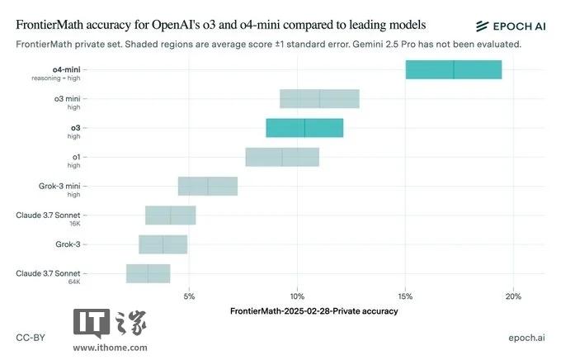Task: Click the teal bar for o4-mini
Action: pos(453,70)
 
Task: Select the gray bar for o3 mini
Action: pos(319,99)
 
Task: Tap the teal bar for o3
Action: pos(304,128)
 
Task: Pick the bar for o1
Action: pos(282,157)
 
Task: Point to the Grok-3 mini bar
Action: pos(208,186)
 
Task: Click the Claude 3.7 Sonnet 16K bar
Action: pos(171,216)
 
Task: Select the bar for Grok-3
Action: pos(163,244)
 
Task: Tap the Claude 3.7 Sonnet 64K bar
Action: pos(148,273)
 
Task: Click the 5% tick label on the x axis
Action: pos(189,296)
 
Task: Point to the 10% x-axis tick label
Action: pos(297,296)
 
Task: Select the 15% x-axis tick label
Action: pos(405,296)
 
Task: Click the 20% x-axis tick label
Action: pos(513,296)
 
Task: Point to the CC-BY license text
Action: pos(31,339)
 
